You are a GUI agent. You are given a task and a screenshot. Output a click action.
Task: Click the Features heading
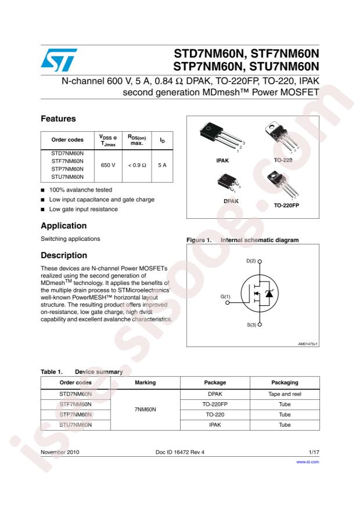(x=59, y=118)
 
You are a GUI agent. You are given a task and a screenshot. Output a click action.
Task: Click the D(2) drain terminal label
(x=251, y=261)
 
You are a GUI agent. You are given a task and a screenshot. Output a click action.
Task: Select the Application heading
(x=63, y=225)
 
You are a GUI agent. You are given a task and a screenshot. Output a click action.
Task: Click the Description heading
(x=63, y=255)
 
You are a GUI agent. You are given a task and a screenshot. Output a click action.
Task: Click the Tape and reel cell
(x=285, y=394)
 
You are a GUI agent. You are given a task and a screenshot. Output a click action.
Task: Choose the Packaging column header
(x=285, y=382)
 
